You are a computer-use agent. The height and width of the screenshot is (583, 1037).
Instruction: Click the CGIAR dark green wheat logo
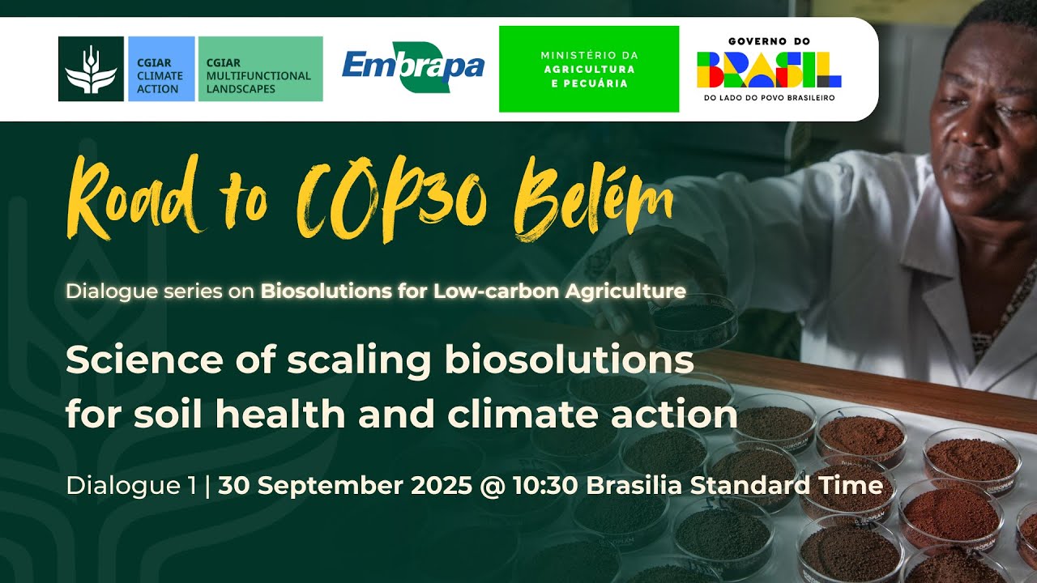tap(91, 69)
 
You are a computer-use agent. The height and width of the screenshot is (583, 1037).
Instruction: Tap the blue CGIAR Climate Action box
tap(161, 69)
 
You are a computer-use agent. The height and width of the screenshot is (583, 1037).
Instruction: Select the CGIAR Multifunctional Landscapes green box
tap(260, 69)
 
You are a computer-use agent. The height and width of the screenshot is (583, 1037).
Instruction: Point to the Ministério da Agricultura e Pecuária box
tap(589, 69)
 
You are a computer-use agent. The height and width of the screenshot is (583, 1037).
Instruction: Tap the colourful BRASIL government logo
tap(769, 70)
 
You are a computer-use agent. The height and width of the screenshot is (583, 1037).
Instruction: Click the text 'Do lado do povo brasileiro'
tap(769, 98)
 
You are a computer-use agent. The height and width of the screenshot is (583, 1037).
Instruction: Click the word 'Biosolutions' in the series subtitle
tap(313, 291)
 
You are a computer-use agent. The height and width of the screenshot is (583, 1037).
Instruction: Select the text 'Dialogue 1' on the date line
tap(130, 485)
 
